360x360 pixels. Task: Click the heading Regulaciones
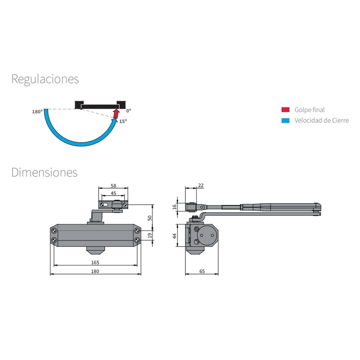click(x=45, y=80)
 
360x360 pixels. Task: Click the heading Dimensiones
click(x=44, y=172)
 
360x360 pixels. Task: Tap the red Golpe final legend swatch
click(x=285, y=110)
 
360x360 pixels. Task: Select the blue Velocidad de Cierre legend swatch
click(x=285, y=121)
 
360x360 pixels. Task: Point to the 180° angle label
click(x=37, y=112)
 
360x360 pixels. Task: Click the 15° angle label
click(x=123, y=121)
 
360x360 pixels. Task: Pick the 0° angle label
click(x=129, y=111)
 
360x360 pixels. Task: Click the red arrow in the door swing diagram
click(x=117, y=114)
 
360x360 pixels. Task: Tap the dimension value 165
click(x=95, y=262)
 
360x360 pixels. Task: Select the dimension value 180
click(x=95, y=271)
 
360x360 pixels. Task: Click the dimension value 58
click(x=113, y=185)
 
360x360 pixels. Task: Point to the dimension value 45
click(x=113, y=193)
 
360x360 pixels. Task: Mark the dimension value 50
click(x=150, y=218)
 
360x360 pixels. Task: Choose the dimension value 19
click(x=150, y=235)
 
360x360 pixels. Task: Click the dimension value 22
click(x=201, y=185)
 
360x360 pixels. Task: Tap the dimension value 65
click(x=202, y=271)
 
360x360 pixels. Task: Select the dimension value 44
click(x=175, y=236)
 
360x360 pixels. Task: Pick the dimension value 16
click(x=175, y=207)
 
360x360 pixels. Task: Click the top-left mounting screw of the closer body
click(x=54, y=230)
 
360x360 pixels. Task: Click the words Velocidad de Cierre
click(x=321, y=120)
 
